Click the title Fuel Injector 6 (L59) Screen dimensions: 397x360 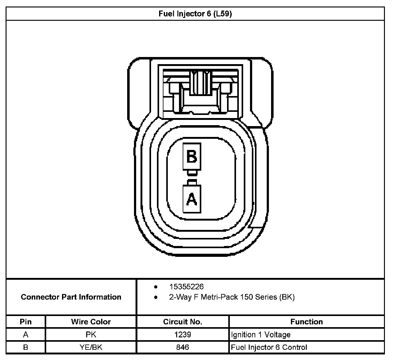195,14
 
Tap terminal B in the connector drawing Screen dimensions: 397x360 192,156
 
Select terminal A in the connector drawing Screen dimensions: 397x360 192,199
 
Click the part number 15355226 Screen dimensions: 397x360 186,287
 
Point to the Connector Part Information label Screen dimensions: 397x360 71,297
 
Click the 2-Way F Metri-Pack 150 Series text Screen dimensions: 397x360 232,297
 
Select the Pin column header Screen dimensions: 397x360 26,322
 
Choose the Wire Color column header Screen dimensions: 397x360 91,322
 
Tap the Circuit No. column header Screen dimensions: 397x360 183,322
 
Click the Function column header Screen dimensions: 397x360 306,322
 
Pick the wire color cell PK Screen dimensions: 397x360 91,335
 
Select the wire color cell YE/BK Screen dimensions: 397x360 91,347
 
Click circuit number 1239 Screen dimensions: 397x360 183,335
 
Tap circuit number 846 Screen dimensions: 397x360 183,347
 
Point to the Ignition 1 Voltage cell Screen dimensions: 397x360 261,335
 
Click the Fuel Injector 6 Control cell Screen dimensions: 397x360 269,347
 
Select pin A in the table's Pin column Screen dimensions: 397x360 26,335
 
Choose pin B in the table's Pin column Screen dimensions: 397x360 26,347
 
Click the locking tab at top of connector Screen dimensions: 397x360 200,83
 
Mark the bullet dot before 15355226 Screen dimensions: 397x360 156,287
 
